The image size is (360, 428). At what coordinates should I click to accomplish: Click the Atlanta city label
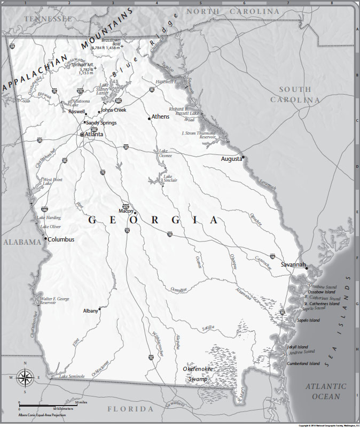[x=94, y=134]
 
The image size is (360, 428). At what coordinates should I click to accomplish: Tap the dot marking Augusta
[x=242, y=157]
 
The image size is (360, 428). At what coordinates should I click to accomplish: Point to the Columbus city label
[x=61, y=239]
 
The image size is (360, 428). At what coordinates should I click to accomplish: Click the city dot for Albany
[x=100, y=308]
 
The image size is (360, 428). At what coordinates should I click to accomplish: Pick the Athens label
[x=160, y=116]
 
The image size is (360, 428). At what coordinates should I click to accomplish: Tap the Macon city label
[x=126, y=211]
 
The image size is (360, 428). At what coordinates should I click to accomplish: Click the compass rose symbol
[x=25, y=378]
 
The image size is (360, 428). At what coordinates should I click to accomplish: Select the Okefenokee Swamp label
[x=198, y=374]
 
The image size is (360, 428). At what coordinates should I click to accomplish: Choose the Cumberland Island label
[x=303, y=364]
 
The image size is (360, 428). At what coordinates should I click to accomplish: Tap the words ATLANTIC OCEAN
[x=326, y=391]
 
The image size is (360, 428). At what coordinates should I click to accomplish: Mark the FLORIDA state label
[x=131, y=409]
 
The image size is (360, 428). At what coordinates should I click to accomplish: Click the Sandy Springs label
[x=101, y=122]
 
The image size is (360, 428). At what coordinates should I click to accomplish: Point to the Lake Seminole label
[x=72, y=376]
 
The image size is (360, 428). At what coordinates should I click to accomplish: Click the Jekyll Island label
[x=298, y=347]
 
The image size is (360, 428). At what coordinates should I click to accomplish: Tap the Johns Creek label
[x=113, y=110]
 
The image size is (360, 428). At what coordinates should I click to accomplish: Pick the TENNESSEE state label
[x=47, y=19]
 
